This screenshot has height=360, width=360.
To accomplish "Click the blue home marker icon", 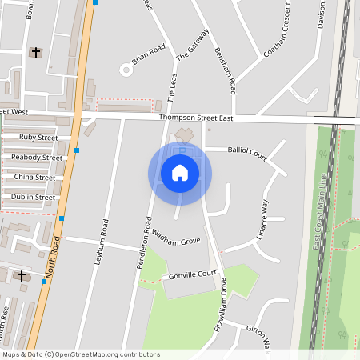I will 180,173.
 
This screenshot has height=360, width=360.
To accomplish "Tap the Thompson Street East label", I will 197,118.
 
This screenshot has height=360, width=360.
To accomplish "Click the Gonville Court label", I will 193,274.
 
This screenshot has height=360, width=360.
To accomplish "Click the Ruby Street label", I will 38,138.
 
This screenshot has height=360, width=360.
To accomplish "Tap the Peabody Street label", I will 37,158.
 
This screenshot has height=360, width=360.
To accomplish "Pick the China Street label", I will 35,177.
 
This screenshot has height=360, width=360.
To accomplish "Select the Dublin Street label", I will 34,197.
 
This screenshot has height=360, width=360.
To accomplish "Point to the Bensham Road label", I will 225,70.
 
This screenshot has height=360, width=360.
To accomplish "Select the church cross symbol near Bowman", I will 34,53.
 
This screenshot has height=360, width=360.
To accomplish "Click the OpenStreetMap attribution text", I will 81,354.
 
